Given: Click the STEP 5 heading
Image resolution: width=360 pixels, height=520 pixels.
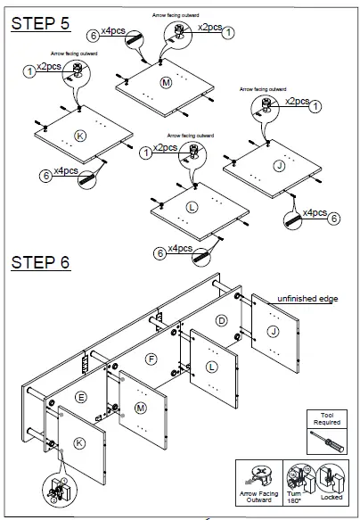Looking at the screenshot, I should point(39,24).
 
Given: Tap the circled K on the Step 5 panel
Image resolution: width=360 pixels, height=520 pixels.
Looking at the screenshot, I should point(80,136).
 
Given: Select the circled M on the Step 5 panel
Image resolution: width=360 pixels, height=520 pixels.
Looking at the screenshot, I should point(165,82).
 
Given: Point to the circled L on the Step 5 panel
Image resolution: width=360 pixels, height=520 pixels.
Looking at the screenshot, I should point(192,207).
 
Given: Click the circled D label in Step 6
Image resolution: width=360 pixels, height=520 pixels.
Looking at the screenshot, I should point(223,319).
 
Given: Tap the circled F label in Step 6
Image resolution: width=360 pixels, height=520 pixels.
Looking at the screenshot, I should point(151,359).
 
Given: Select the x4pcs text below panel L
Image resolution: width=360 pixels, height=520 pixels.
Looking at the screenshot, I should point(181,248).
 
